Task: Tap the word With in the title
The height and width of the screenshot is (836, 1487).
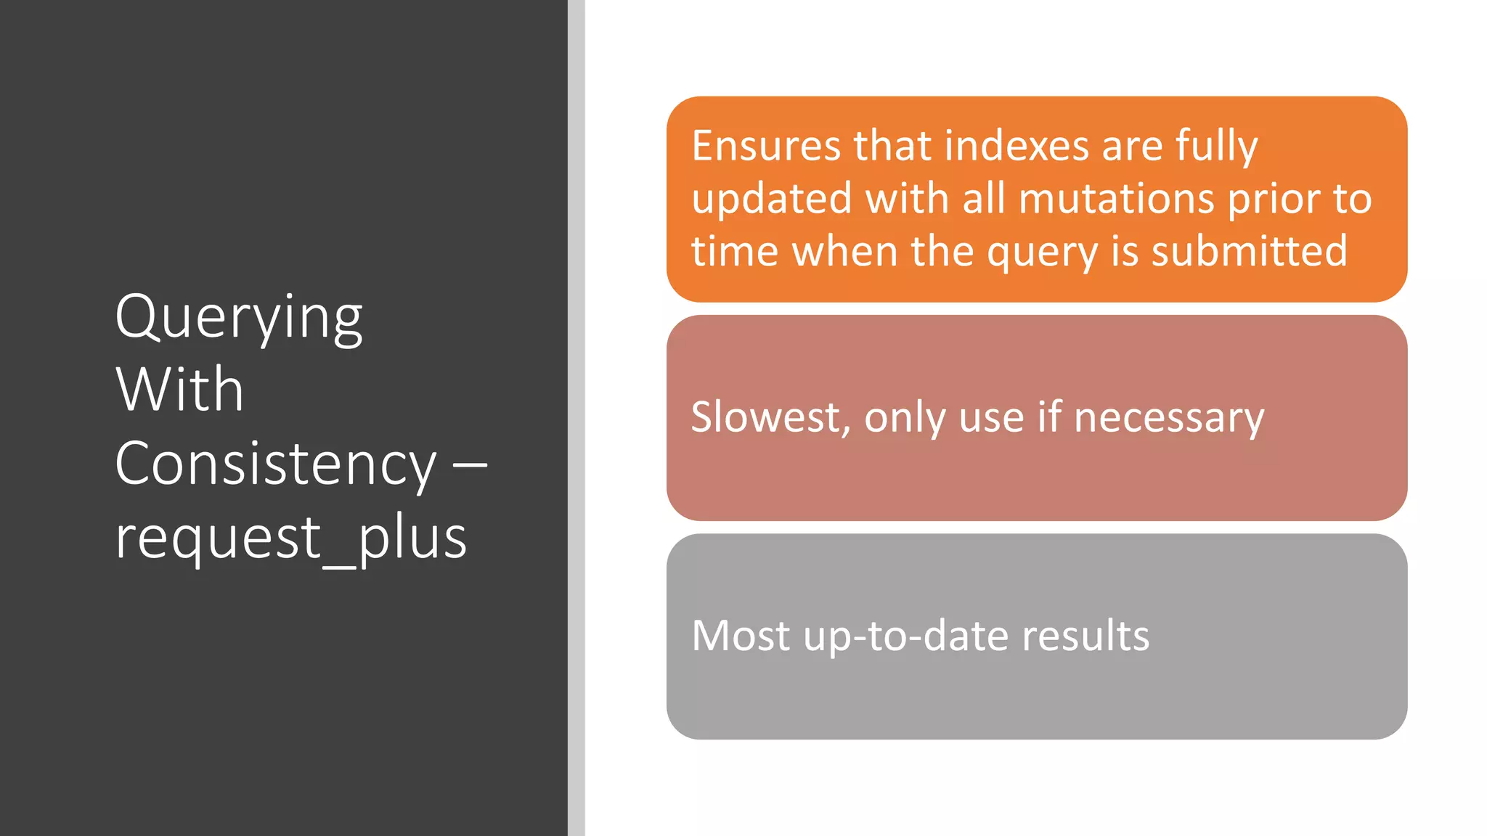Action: pos(179,390)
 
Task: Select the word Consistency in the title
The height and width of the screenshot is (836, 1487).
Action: pos(276,464)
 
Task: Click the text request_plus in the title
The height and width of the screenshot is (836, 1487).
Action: pos(290,538)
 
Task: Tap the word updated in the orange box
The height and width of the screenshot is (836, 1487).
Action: pos(771,200)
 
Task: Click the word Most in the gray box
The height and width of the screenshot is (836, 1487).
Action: pos(741,636)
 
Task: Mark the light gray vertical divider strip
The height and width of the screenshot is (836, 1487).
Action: pos(577,418)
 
